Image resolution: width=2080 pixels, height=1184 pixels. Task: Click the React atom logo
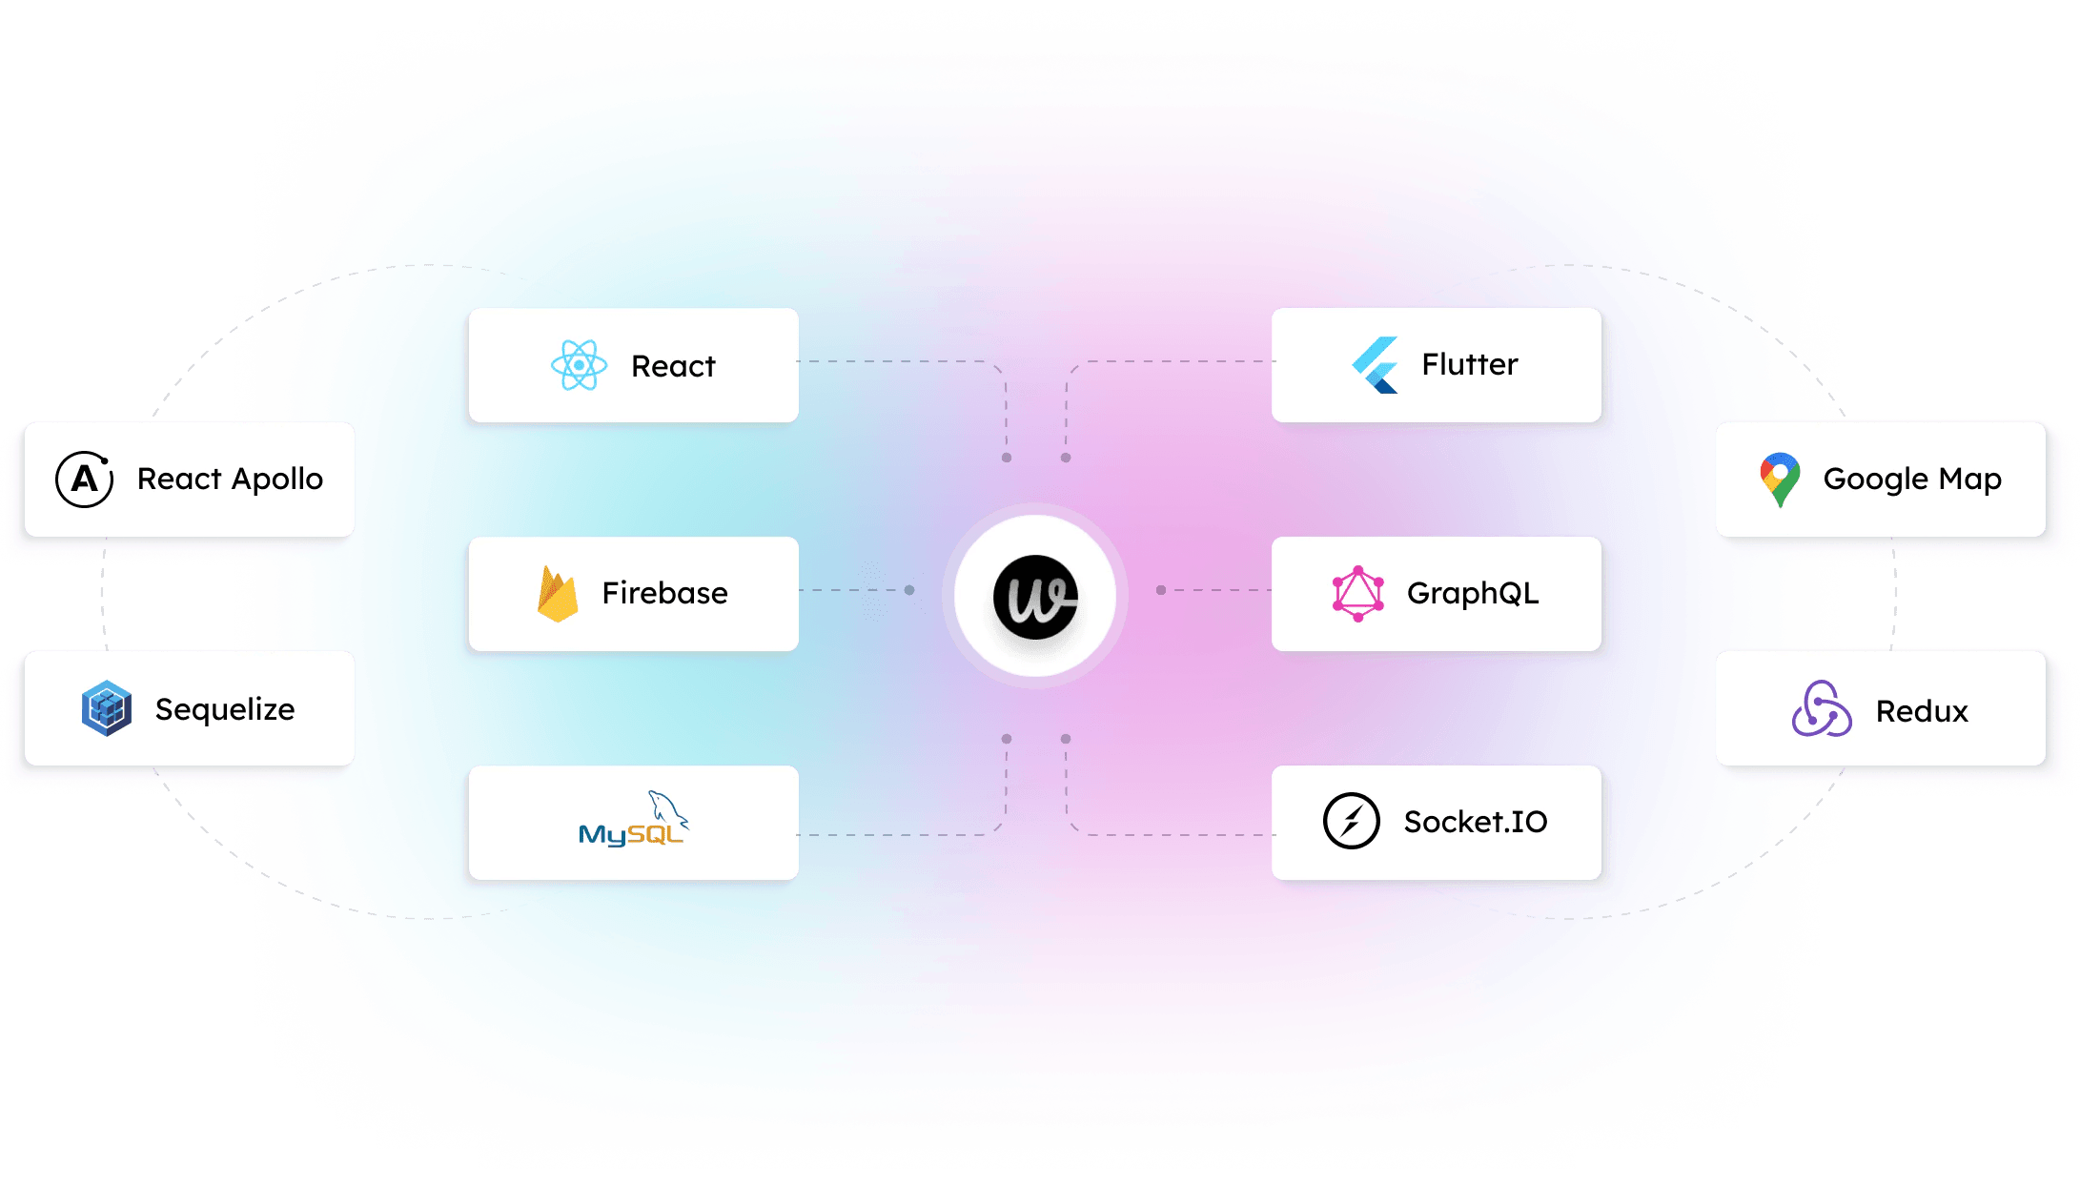[x=579, y=365]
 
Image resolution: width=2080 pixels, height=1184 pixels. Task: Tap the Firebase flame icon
[x=558, y=593]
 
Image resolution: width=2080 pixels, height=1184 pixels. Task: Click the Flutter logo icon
[x=1376, y=365]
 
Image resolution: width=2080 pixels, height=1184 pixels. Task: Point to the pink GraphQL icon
[x=1357, y=593]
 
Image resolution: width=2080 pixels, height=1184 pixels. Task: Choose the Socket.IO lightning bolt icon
[x=1351, y=821]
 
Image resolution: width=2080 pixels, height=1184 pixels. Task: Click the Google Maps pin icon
[x=1779, y=479]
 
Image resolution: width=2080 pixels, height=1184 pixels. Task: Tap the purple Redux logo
[x=1821, y=709]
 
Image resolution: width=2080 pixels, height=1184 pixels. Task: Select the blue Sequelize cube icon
[x=106, y=708]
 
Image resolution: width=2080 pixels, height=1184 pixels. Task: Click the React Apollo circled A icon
[x=85, y=479]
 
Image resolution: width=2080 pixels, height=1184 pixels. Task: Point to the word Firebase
[x=664, y=593]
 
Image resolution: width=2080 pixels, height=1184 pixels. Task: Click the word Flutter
[x=1469, y=364]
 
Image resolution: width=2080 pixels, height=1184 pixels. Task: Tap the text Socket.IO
[x=1475, y=821]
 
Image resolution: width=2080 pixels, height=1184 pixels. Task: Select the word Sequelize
[x=225, y=709]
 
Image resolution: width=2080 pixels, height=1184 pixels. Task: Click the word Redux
[x=1921, y=711]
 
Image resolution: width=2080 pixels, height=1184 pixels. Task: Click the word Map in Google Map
[x=1969, y=479]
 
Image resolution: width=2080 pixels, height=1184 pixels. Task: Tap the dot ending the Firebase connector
[x=909, y=590]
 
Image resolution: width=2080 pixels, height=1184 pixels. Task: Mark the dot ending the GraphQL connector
[x=1161, y=590]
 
